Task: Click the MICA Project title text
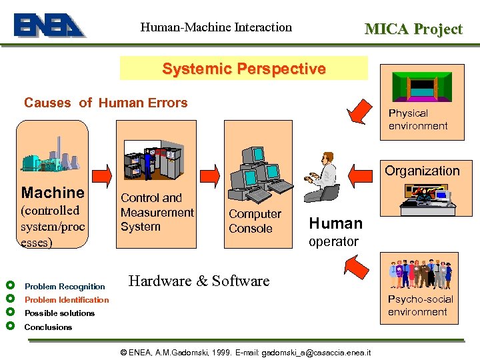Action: tap(413, 29)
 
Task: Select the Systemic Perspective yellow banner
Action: tap(244, 69)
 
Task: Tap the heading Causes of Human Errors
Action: tap(106, 103)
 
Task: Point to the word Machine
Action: tap(53, 193)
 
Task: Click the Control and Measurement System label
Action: tap(157, 212)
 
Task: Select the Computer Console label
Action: tap(255, 221)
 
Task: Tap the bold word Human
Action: tap(336, 223)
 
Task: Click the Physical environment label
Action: tap(418, 119)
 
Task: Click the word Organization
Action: tap(422, 171)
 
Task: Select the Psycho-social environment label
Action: tap(420, 305)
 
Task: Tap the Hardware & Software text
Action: tap(199, 281)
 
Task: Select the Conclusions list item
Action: tap(48, 327)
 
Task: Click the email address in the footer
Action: tap(317, 352)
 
